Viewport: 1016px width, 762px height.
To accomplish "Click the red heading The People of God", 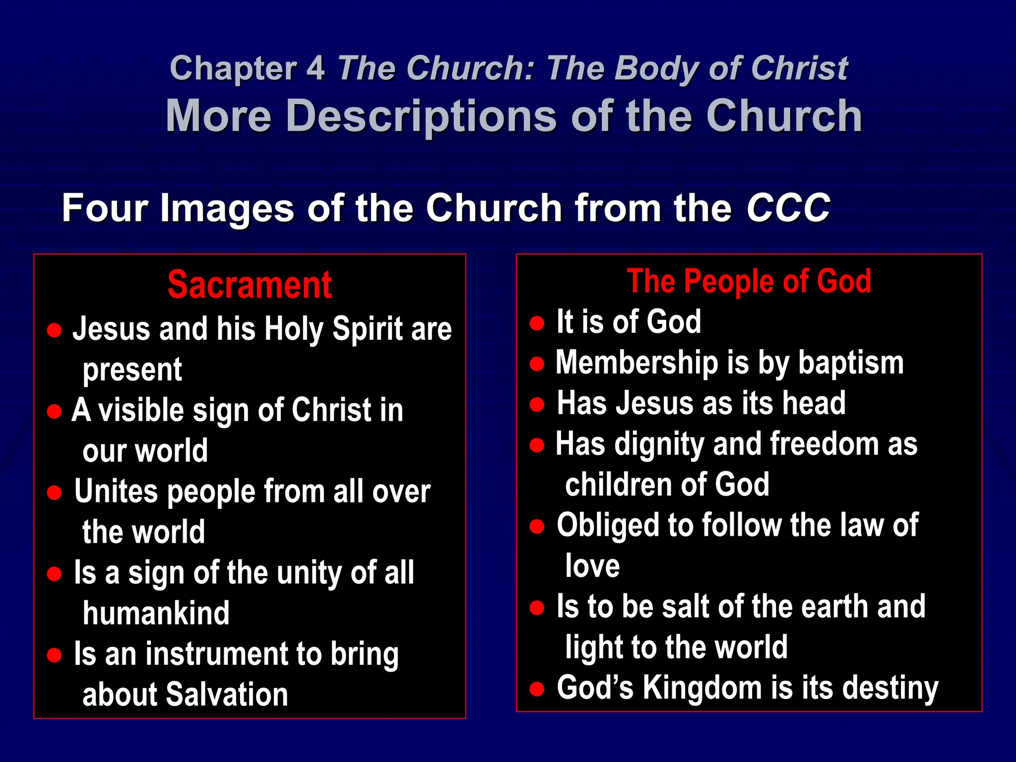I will (x=749, y=281).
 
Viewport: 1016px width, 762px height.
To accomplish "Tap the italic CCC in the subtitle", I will (x=788, y=207).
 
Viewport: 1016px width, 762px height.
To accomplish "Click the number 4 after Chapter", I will (x=315, y=68).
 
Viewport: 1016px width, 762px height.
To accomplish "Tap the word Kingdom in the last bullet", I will (x=702, y=688).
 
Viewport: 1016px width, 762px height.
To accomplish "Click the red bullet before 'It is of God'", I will (x=537, y=323).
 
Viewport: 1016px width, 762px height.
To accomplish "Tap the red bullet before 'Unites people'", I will (x=54, y=492).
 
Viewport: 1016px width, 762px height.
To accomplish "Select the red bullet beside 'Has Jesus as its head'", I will (x=537, y=404).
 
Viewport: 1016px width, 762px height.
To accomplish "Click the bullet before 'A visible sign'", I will (x=54, y=411).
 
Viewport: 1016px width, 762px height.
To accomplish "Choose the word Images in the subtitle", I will (x=227, y=207).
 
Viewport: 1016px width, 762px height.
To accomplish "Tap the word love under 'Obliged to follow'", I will (x=592, y=566).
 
